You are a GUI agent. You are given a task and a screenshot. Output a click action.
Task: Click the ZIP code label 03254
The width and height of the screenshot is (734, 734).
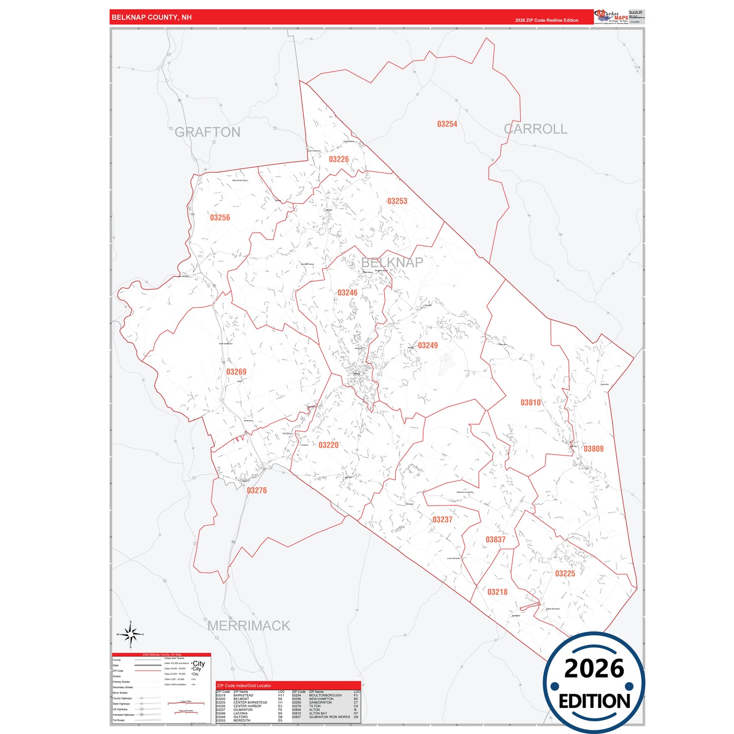[447, 124]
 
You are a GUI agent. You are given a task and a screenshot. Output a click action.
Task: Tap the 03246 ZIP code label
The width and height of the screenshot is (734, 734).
[347, 293]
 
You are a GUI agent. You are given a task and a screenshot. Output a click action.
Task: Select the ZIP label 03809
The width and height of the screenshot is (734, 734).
[593, 449]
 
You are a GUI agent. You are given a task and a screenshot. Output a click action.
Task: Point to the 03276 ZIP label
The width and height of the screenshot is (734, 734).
[257, 490]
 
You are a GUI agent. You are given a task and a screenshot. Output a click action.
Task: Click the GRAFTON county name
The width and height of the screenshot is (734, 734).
[207, 132]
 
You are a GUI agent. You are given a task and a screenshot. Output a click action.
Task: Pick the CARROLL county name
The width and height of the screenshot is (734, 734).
[535, 129]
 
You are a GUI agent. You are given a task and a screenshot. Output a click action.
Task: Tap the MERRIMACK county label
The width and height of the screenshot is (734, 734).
[249, 626]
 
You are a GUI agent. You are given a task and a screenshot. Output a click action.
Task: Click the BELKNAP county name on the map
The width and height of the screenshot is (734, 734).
[392, 262]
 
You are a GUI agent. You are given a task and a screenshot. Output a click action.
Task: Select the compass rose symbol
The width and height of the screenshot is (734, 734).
[131, 634]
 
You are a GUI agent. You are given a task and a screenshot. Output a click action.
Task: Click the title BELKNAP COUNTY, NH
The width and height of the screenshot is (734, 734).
[151, 17]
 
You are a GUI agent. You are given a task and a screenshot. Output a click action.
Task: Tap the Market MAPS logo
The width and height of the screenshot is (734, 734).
[611, 17]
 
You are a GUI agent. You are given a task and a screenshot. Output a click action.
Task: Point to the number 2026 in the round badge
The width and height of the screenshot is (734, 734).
[594, 668]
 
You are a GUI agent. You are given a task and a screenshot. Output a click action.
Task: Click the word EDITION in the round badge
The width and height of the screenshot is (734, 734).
[594, 701]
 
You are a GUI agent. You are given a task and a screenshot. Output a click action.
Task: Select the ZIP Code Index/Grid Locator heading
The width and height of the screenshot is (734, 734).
[244, 686]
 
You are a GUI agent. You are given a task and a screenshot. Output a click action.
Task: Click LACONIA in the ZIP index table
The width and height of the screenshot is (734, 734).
[241, 713]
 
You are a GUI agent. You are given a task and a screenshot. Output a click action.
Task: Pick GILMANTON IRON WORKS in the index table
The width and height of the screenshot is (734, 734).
[329, 717]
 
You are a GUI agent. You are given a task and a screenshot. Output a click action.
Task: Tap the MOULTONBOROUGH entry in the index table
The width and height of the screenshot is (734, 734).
[325, 695]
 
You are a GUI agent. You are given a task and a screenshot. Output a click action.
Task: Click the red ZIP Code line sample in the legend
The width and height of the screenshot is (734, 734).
[148, 671]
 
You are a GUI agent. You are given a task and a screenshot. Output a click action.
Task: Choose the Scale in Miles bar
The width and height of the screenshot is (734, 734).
[186, 704]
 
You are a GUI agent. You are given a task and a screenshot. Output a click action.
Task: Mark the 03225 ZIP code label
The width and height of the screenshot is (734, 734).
[565, 573]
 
